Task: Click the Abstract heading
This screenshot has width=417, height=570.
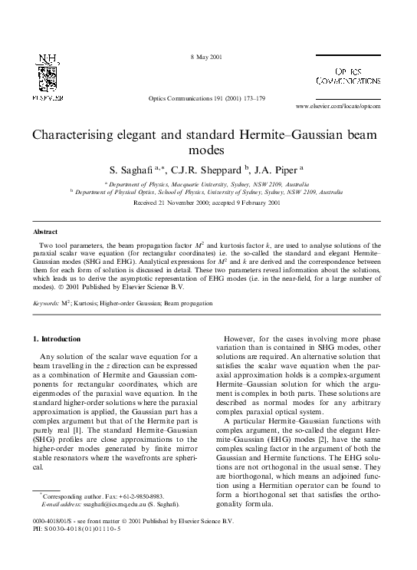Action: click(x=45, y=231)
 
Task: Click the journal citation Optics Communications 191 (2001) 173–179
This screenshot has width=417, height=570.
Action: click(x=208, y=99)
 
